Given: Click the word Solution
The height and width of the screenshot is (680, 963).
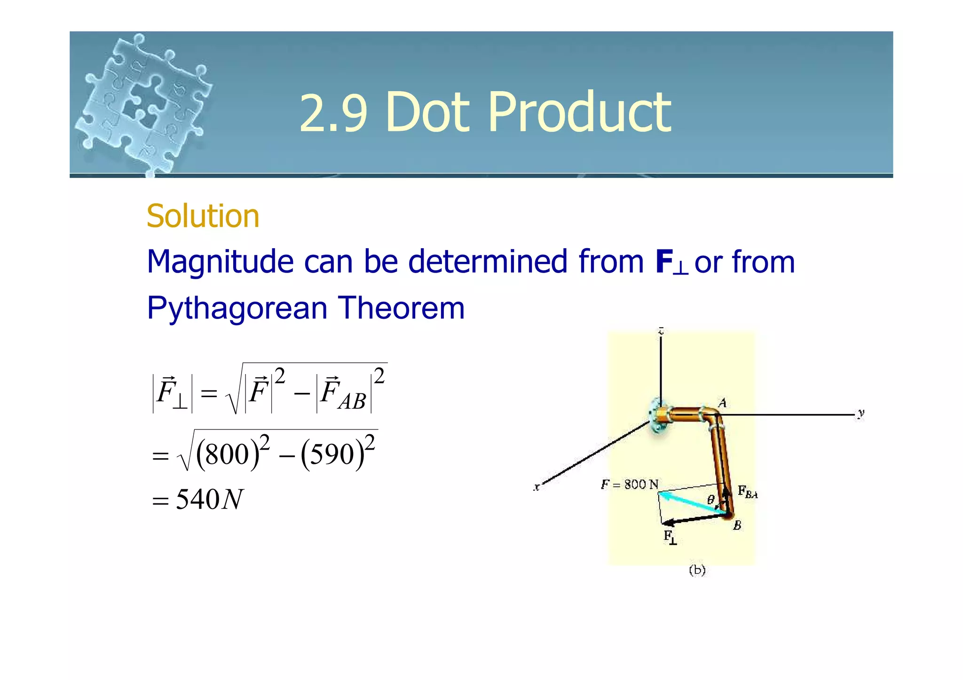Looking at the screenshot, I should click(203, 216).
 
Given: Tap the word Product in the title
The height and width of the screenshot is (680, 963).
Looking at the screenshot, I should click(580, 113).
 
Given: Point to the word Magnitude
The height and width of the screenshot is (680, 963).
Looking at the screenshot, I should click(221, 262).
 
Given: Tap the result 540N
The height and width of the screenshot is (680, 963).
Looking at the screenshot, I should click(209, 500).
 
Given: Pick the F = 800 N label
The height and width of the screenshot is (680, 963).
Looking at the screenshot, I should click(630, 485).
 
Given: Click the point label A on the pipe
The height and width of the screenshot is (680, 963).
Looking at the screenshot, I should click(722, 403).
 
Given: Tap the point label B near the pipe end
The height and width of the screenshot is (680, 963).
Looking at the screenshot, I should click(737, 525).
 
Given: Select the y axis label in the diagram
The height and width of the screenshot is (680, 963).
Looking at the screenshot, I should click(860, 414).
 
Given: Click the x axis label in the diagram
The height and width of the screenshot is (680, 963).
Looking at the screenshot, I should click(537, 487).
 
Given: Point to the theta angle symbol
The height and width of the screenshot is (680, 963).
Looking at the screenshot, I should click(710, 499).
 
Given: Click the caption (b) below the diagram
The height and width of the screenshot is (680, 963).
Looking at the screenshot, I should click(697, 570).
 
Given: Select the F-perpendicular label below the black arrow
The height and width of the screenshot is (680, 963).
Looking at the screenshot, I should click(670, 537).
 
